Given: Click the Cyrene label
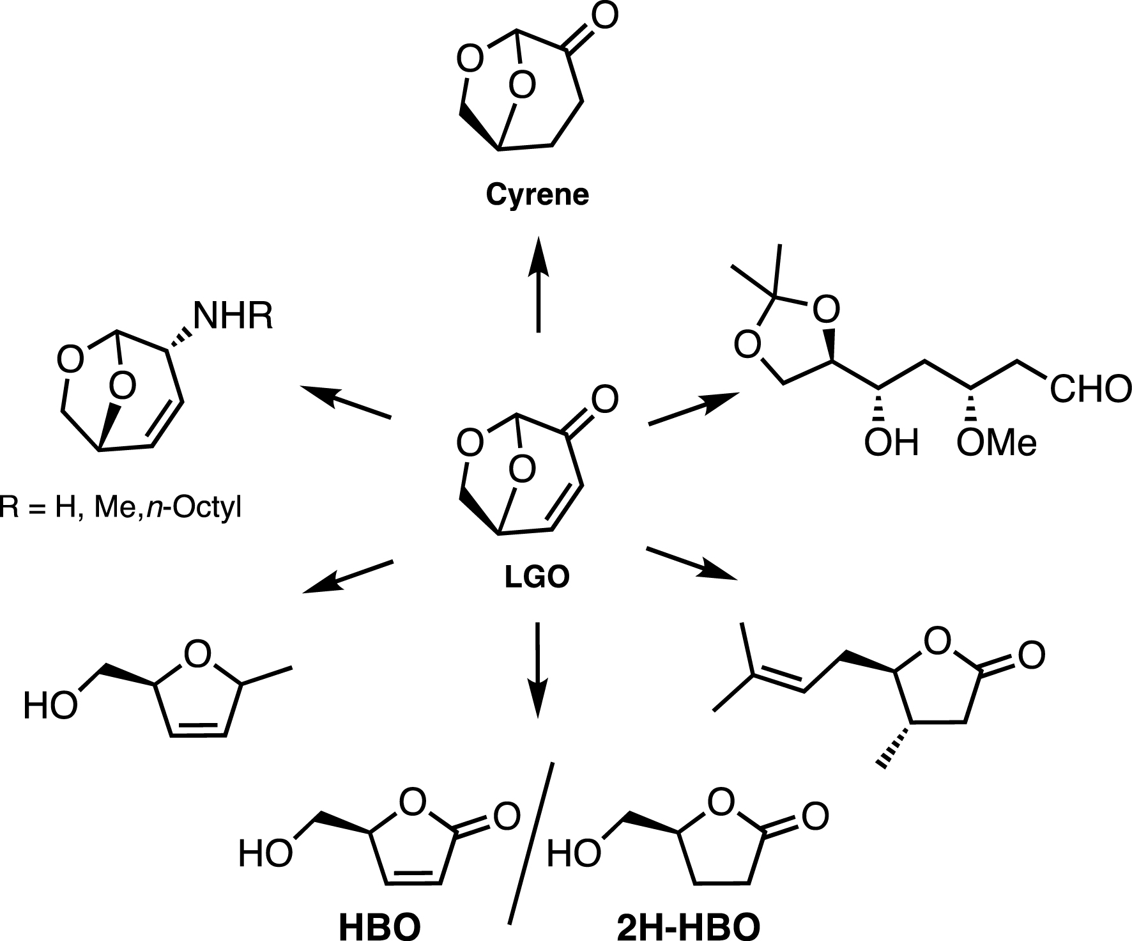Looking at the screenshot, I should point(537,195).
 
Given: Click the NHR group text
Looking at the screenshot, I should point(233,316).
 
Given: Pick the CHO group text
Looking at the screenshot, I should point(1090,389).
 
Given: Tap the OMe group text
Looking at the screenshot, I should point(996,442).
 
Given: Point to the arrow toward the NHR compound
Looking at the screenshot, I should point(346,402).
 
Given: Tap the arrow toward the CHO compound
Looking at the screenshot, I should point(693,408).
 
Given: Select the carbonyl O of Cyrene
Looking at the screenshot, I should point(603,17).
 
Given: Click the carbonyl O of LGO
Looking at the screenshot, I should point(604,400).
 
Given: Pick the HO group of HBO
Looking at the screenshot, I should point(264,855).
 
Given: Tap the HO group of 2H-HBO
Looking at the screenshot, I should point(574,853).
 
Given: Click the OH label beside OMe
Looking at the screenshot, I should point(891,442).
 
